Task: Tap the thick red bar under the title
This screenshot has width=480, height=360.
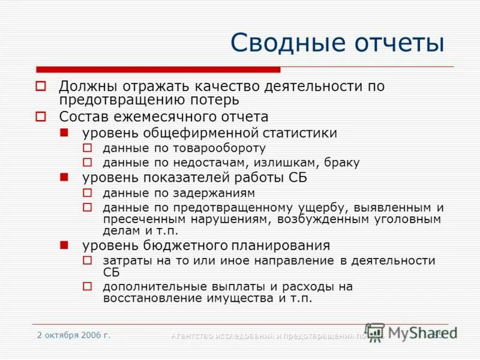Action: pos(158,70)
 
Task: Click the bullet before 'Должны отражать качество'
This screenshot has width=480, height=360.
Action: pos(41,86)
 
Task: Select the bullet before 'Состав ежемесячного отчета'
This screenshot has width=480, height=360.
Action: pos(41,116)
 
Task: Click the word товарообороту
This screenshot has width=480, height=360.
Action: pos(224,148)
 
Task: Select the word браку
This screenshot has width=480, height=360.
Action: pos(342,163)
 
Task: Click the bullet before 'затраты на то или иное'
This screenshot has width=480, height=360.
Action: pos(87,261)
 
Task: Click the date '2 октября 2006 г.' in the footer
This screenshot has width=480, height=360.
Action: pos(74,335)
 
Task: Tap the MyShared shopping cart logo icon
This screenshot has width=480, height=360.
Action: pos(374,332)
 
